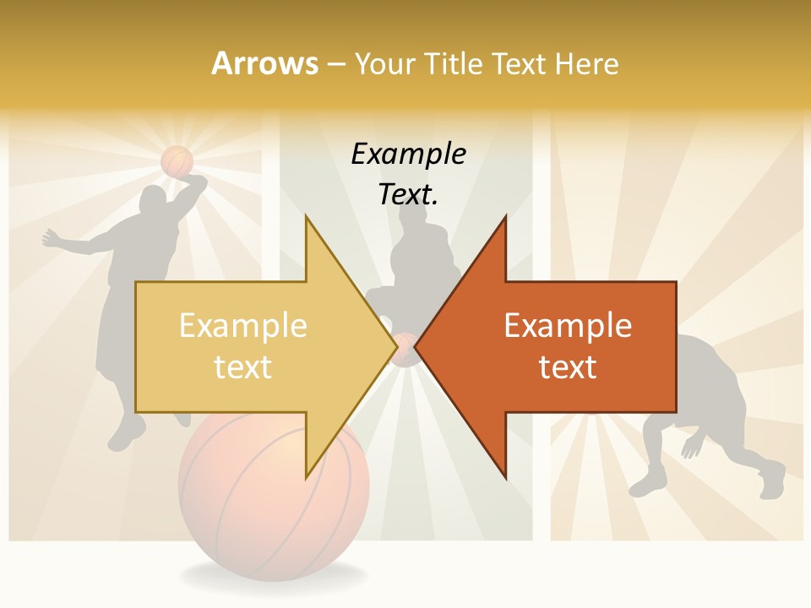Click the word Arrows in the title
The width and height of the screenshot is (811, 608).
[x=264, y=63]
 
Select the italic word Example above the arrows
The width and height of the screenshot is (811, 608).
[x=408, y=155]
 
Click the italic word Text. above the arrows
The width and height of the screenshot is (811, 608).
[x=408, y=195]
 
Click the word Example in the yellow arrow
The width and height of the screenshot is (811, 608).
[x=243, y=325]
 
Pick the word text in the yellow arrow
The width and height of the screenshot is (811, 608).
[x=243, y=367]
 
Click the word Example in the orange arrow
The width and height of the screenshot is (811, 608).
[x=568, y=325]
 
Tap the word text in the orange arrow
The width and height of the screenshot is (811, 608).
[x=568, y=367]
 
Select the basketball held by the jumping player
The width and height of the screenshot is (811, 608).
[x=177, y=160]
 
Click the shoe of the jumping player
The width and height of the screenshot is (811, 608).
[x=122, y=439]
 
